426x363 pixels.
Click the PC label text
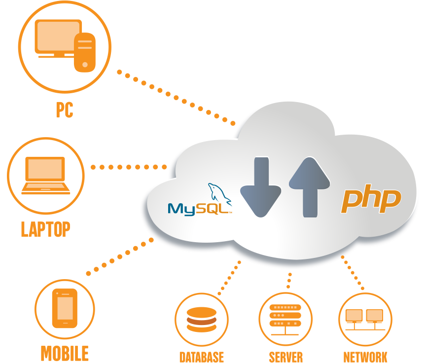click(64, 110)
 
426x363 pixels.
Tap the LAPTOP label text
click(45, 229)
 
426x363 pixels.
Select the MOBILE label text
click(65, 353)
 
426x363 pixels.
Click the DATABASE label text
click(202, 357)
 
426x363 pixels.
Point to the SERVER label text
click(285, 357)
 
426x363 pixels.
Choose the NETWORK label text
click(365, 357)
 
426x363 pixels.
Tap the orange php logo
click(371, 200)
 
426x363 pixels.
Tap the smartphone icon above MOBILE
click(65, 308)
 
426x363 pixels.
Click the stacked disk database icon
click(201, 320)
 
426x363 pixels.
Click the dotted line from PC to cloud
click(177, 99)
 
